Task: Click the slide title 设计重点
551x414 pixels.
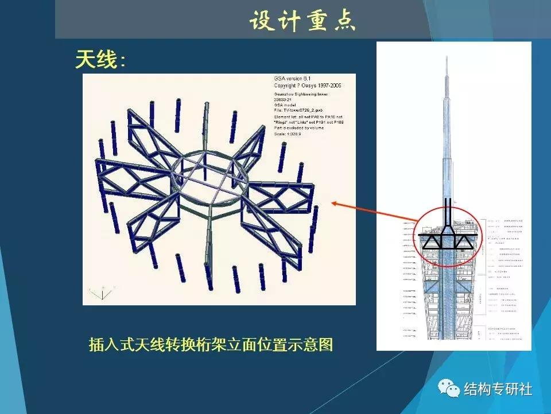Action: pos(302,21)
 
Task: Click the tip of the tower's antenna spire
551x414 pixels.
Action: pos(447,56)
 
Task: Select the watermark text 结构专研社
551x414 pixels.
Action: pos(498,389)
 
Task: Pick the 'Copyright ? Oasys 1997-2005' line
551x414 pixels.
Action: pos(308,85)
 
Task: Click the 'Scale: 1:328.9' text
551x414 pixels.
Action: pos(292,133)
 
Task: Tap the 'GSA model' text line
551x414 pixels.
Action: pos(286,105)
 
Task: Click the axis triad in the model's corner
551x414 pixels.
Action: pos(102,293)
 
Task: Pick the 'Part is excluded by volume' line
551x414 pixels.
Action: pos(299,128)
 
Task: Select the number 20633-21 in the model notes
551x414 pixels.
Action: pos(285,99)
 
